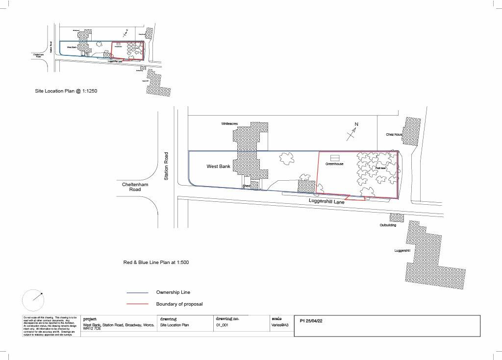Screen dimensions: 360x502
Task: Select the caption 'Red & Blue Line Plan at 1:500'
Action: coord(156,263)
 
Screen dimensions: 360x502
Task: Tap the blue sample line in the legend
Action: coord(137,292)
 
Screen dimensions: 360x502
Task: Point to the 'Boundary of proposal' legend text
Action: coord(179,304)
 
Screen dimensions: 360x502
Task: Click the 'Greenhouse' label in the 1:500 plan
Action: coord(334,164)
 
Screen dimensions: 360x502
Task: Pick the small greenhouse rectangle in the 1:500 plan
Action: coord(335,158)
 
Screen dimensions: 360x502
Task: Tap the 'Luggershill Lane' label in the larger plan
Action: coord(327,201)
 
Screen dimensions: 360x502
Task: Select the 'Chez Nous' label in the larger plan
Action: coord(394,134)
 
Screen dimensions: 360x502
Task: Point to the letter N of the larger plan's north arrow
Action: coord(356,124)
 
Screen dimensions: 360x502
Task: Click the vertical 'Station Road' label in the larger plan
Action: coord(166,166)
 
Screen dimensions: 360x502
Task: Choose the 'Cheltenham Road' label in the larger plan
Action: coord(135,188)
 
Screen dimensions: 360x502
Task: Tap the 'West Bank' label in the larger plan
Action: coord(218,167)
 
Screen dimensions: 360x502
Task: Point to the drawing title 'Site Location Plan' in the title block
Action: coord(175,325)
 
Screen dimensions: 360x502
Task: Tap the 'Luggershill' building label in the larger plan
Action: coord(402,250)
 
